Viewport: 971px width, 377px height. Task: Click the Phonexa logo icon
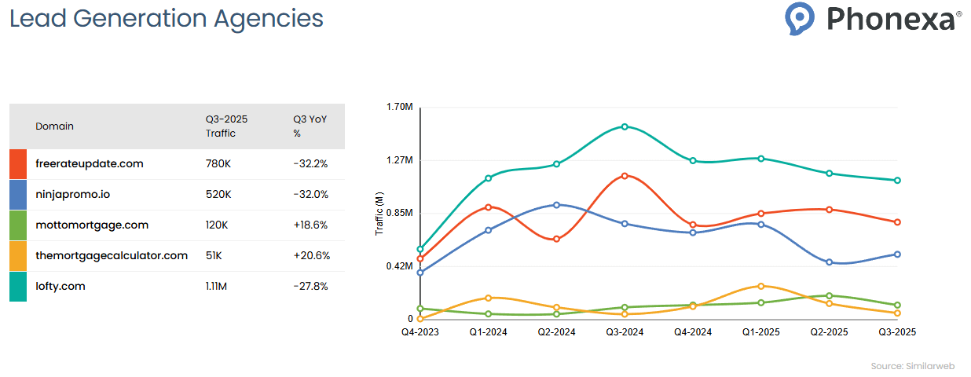(801, 18)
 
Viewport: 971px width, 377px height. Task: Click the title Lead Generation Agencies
(166, 18)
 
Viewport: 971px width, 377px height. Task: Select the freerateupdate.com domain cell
(90, 163)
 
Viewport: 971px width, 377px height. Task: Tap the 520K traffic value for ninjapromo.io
(218, 194)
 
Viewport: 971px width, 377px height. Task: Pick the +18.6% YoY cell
(310, 225)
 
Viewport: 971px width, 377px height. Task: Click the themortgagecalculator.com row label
(112, 255)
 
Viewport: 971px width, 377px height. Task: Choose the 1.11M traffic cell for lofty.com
(216, 286)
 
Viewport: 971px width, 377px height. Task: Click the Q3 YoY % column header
(310, 126)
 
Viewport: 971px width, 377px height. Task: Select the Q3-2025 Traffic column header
(226, 126)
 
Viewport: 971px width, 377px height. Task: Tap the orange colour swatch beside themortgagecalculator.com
(18, 256)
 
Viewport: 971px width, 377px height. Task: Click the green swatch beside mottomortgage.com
(18, 225)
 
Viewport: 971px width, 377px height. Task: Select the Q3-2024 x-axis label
(625, 332)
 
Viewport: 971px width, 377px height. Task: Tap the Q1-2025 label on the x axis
(760, 332)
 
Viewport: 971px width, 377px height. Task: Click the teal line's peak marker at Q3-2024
(625, 126)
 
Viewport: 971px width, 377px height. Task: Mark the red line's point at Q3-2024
(625, 176)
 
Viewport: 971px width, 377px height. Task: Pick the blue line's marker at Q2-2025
(829, 262)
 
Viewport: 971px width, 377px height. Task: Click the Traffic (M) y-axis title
(379, 214)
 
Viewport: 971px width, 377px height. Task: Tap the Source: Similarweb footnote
(915, 367)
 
